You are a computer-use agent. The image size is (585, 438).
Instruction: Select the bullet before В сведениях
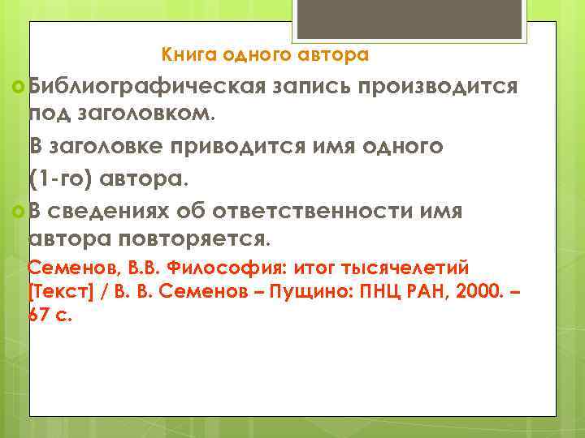pyautogui.click(x=19, y=212)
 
